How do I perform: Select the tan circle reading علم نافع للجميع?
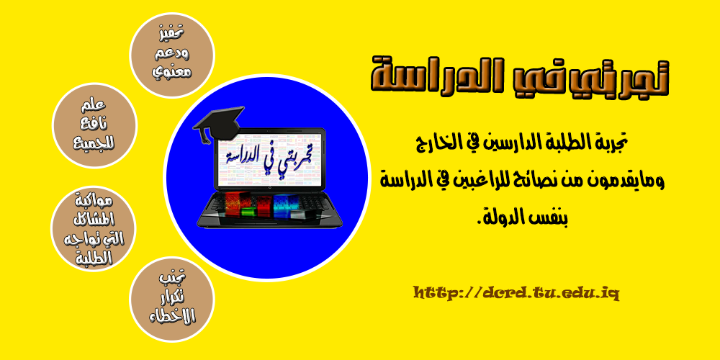[96, 125]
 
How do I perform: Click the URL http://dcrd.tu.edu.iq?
[517, 292]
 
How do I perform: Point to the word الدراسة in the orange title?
[432, 76]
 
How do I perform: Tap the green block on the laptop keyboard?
[248, 209]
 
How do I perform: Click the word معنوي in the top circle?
[173, 73]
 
